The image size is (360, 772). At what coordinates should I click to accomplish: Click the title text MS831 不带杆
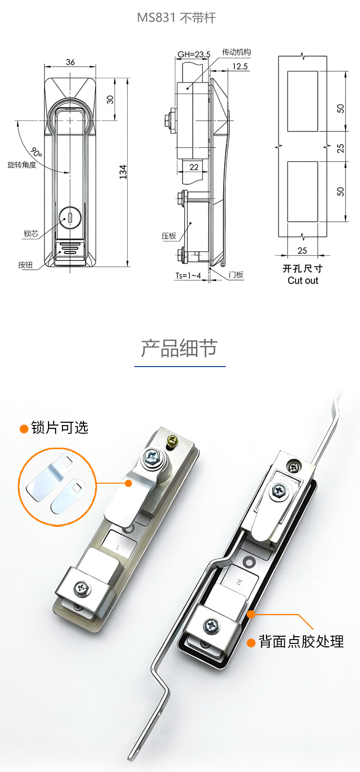click(x=176, y=18)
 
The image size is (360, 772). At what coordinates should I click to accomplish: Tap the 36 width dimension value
click(x=71, y=62)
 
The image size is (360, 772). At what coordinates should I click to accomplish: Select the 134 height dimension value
click(x=123, y=172)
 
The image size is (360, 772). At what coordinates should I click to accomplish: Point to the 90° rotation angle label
click(x=36, y=152)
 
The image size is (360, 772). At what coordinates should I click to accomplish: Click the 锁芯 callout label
click(x=31, y=233)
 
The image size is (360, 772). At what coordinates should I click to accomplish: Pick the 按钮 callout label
click(x=25, y=265)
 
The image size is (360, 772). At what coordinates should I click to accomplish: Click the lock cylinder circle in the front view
click(x=70, y=218)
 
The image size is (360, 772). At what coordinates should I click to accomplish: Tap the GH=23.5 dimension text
click(x=194, y=54)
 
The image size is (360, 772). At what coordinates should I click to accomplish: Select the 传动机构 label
click(x=236, y=52)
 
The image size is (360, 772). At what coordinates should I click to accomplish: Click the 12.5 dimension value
click(x=240, y=66)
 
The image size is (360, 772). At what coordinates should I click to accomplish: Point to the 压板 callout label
click(x=169, y=236)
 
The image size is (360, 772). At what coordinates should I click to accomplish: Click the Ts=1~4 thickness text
click(x=188, y=275)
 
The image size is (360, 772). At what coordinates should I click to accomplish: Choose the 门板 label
click(x=236, y=274)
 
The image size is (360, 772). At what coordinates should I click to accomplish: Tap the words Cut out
click(x=303, y=281)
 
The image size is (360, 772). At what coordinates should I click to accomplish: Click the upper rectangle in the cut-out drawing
click(x=302, y=101)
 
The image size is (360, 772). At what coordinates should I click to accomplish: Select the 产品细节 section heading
click(x=180, y=348)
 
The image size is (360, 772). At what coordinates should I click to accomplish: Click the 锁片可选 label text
click(x=60, y=428)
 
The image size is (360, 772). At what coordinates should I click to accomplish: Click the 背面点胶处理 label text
click(x=301, y=641)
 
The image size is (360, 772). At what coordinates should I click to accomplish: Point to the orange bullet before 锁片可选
click(x=24, y=429)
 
